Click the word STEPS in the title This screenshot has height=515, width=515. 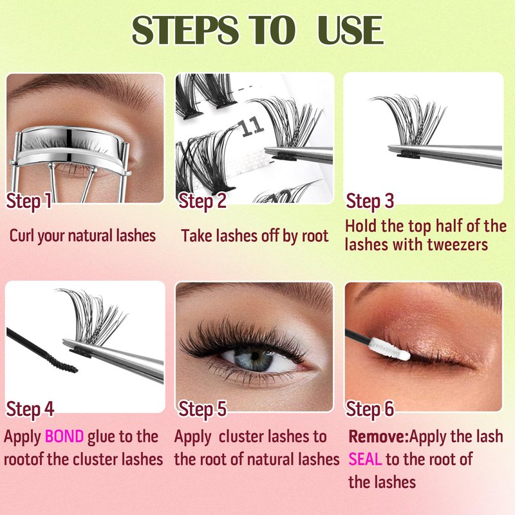[x=185, y=30]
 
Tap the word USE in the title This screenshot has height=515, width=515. [x=350, y=30]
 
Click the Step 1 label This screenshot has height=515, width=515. [x=29, y=201]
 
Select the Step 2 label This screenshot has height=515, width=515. [x=202, y=201]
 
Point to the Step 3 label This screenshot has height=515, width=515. [x=370, y=201]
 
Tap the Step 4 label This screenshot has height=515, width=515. [x=30, y=409]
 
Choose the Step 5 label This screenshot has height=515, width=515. [x=202, y=409]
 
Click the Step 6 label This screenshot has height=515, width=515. [x=370, y=409]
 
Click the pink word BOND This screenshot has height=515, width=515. [x=64, y=436]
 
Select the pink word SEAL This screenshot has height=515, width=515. [x=365, y=459]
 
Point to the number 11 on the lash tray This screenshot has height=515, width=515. [x=252, y=127]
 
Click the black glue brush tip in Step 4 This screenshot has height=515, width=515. [x=62, y=363]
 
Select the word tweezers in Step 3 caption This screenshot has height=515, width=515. [x=459, y=245]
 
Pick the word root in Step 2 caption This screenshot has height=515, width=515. [x=315, y=236]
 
